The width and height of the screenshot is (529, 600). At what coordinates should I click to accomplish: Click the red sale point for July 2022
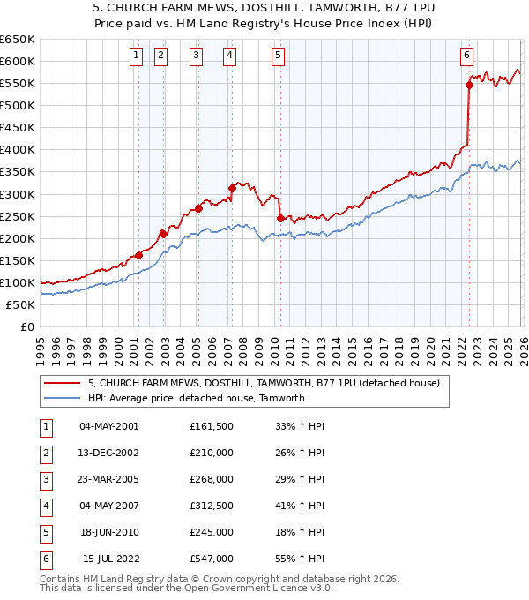[x=469, y=85]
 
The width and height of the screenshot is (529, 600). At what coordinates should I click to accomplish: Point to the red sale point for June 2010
[x=280, y=218]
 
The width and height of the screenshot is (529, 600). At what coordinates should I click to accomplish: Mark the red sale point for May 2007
[x=232, y=188]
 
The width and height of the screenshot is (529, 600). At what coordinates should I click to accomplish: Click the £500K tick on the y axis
[x=18, y=105]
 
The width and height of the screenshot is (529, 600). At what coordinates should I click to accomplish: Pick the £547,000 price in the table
[x=212, y=559]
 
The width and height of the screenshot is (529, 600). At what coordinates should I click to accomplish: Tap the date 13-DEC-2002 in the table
[x=108, y=453]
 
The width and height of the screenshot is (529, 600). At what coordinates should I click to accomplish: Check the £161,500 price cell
[x=212, y=426]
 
